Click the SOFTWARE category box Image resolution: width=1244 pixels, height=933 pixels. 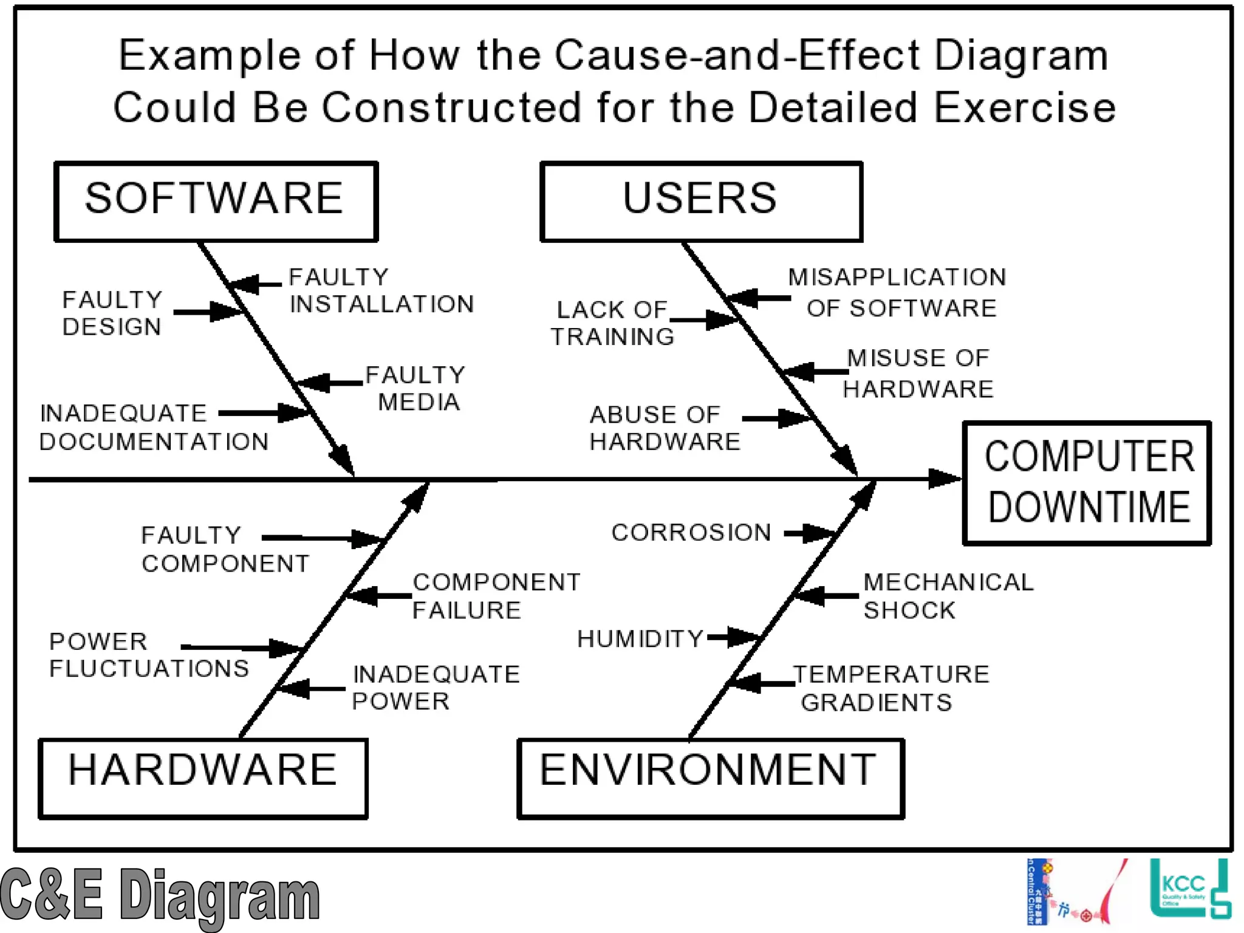click(x=216, y=201)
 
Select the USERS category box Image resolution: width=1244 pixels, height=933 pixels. click(x=701, y=201)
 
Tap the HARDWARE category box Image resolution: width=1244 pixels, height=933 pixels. click(x=203, y=778)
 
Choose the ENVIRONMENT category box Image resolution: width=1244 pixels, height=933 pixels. click(x=710, y=778)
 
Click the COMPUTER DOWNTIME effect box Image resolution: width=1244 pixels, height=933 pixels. click(x=1087, y=482)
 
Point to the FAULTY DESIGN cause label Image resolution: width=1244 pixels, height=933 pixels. click(x=112, y=313)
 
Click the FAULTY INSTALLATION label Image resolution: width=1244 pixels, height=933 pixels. click(x=381, y=290)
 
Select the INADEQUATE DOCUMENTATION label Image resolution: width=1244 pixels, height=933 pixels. click(x=153, y=427)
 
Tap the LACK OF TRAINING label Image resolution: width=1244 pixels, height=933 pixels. click(x=612, y=323)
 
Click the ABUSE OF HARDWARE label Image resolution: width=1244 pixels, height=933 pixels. click(x=665, y=428)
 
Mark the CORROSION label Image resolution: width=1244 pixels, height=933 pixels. click(x=691, y=533)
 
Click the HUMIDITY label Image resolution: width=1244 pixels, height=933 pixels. click(x=640, y=639)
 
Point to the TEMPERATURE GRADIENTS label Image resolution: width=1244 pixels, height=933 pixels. click(x=890, y=688)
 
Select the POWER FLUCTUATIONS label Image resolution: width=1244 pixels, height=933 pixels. click(x=149, y=655)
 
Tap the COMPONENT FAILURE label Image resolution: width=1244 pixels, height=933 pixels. click(x=496, y=596)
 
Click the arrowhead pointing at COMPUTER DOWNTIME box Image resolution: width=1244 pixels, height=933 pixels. click(x=945, y=479)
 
